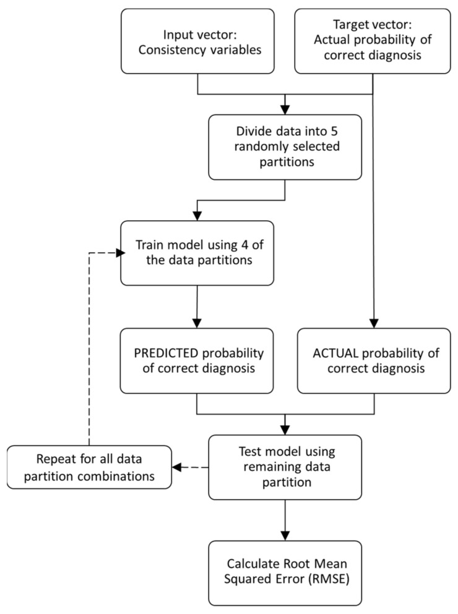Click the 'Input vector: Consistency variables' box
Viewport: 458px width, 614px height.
(x=197, y=41)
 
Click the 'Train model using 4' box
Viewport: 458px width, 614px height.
(x=197, y=253)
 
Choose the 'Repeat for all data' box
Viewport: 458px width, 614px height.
(x=89, y=467)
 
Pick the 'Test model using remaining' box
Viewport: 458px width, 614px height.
(x=285, y=467)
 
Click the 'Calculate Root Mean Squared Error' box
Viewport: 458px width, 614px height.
(x=285, y=573)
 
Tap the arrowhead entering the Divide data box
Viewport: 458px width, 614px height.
(x=285, y=111)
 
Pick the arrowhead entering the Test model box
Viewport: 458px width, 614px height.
(x=285, y=429)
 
